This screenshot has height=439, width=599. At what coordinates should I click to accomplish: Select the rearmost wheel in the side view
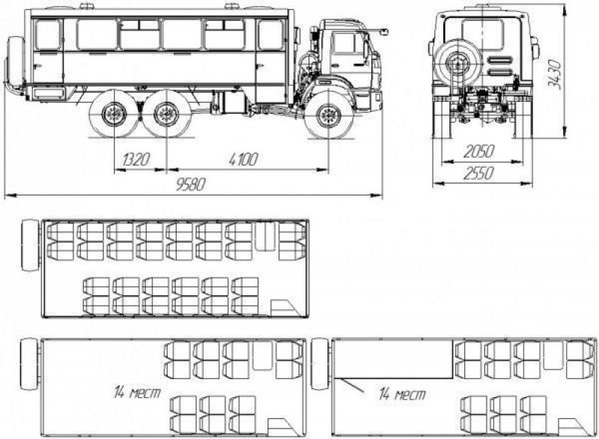tap(114, 116)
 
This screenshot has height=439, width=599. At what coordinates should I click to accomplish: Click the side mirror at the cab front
tap(386, 32)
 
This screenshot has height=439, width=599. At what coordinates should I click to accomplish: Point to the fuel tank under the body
tap(227, 101)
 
